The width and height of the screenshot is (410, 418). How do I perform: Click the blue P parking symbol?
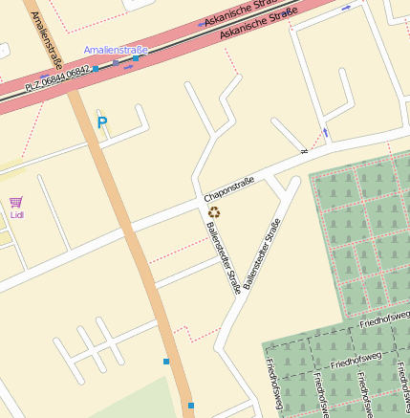click(x=102, y=122)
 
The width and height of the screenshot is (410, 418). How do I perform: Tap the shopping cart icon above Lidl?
click(x=16, y=202)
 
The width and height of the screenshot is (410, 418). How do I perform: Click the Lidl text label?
click(x=16, y=214)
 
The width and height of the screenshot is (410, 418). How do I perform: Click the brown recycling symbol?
click(x=214, y=211)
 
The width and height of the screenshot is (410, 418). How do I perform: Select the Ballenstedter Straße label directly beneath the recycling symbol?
click(x=223, y=256)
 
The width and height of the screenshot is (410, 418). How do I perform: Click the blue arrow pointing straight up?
click(x=325, y=132)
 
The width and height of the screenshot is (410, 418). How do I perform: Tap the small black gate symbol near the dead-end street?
click(x=304, y=150)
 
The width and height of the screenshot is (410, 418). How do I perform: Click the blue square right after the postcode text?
click(x=96, y=69)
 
